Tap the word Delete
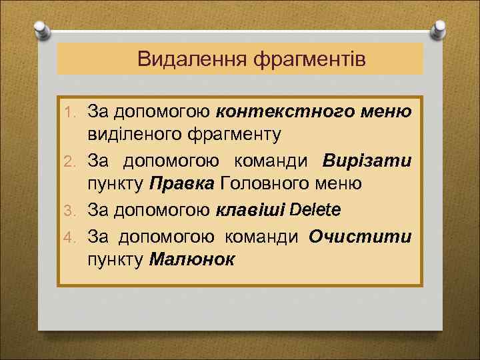(x=315, y=210)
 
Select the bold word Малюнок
(x=192, y=260)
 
